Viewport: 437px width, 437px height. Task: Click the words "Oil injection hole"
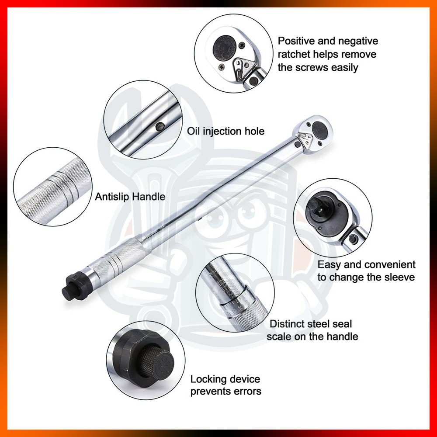225,131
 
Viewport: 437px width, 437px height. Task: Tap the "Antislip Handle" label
130,197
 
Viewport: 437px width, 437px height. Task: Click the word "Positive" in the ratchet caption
296,41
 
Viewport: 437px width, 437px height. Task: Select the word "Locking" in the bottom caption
208,379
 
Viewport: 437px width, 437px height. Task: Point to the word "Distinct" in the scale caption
288,324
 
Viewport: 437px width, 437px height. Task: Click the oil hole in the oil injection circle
160,127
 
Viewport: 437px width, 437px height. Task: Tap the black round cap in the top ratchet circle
224,48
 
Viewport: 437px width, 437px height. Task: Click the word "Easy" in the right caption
329,265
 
